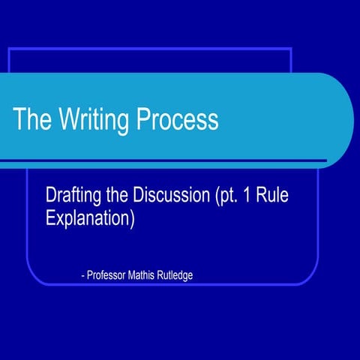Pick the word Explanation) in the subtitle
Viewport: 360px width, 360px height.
click(x=90, y=221)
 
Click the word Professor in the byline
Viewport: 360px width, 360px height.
click(x=109, y=275)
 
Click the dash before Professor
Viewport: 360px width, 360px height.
click(x=82, y=275)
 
